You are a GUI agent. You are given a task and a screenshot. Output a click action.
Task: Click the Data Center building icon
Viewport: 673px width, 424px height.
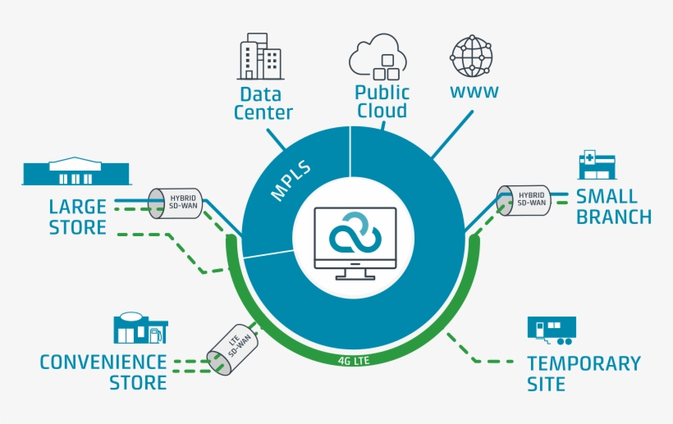[x=259, y=57]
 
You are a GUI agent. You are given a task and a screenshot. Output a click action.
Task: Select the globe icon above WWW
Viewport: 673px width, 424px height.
[x=472, y=56]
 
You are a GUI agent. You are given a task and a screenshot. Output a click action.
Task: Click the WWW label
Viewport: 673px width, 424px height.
[x=474, y=92]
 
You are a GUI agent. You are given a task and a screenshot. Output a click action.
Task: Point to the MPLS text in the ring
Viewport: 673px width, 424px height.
[x=290, y=181]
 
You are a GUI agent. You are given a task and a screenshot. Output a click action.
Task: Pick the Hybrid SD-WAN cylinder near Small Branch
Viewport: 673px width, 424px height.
[x=522, y=201]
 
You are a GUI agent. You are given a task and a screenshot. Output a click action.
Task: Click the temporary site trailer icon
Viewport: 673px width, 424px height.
[x=552, y=330]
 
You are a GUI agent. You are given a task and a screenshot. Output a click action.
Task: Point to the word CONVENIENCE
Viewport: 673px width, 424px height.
[x=103, y=362]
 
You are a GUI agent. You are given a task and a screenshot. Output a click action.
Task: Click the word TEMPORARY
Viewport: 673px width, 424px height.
[x=584, y=363]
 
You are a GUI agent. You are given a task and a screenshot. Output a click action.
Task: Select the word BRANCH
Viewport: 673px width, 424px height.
[x=613, y=217]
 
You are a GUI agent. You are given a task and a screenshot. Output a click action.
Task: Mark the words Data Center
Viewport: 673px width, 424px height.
[x=263, y=103]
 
